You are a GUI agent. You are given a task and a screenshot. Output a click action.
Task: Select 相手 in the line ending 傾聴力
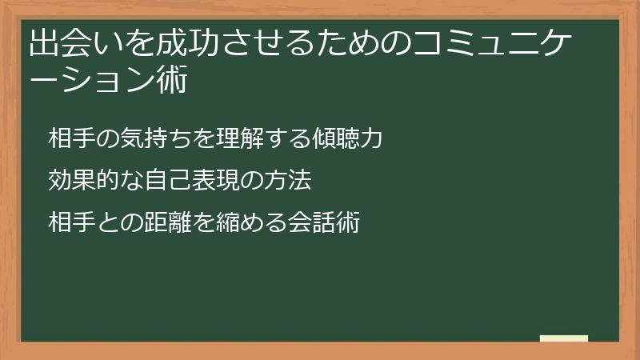point(70,138)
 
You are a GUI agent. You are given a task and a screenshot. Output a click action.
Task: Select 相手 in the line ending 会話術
point(70,222)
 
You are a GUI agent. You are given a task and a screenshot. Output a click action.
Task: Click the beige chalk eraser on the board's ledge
point(563,338)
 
